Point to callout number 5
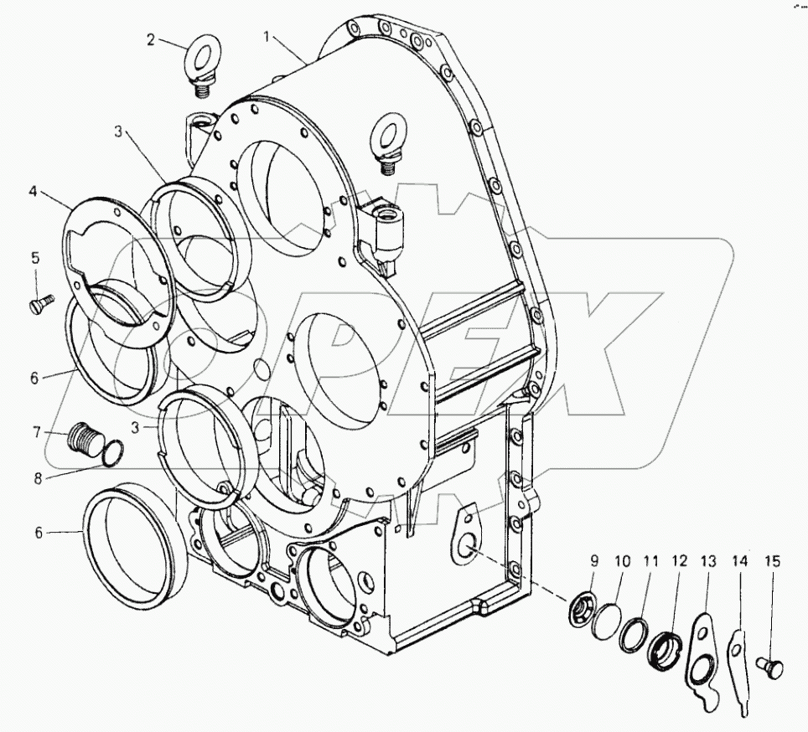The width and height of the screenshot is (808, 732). (35, 258)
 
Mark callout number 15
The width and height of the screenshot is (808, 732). (772, 562)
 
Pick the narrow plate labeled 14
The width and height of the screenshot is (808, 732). (737, 662)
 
